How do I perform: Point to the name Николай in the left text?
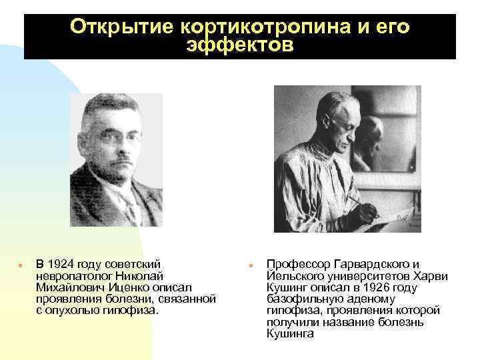pos(139,275)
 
